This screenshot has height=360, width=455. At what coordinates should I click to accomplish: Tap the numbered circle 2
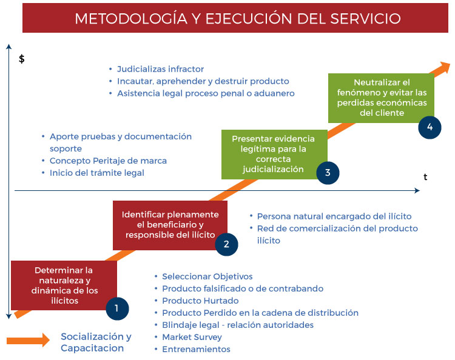[226, 244]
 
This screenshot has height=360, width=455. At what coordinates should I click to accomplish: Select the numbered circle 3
[328, 172]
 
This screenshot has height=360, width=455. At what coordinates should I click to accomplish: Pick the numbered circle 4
[430, 127]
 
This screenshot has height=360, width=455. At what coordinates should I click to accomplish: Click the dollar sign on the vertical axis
[22, 59]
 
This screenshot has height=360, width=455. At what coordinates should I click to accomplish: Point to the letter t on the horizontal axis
[425, 177]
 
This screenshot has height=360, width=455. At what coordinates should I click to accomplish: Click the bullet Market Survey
[192, 337]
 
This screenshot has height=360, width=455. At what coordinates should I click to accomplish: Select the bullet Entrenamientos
[196, 349]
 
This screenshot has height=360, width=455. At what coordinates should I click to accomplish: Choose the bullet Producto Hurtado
[200, 301]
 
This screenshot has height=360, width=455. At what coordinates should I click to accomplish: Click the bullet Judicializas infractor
[160, 69]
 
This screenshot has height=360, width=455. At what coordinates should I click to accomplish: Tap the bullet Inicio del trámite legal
[97, 173]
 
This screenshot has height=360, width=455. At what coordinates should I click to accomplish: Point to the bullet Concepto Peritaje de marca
[108, 161]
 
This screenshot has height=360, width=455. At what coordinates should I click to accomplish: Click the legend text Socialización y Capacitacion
[96, 342]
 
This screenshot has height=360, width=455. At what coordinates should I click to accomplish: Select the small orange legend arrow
[28, 341]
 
